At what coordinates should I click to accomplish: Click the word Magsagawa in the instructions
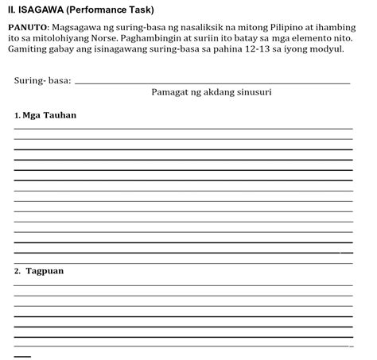79,26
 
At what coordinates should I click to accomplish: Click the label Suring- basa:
42,80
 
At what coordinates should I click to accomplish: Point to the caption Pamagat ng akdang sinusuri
212,92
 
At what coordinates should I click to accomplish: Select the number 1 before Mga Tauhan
17,116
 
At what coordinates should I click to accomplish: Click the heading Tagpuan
45,271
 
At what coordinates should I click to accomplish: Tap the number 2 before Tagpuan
17,271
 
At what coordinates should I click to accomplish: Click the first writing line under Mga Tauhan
183,129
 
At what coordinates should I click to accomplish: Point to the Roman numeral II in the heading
11,10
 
